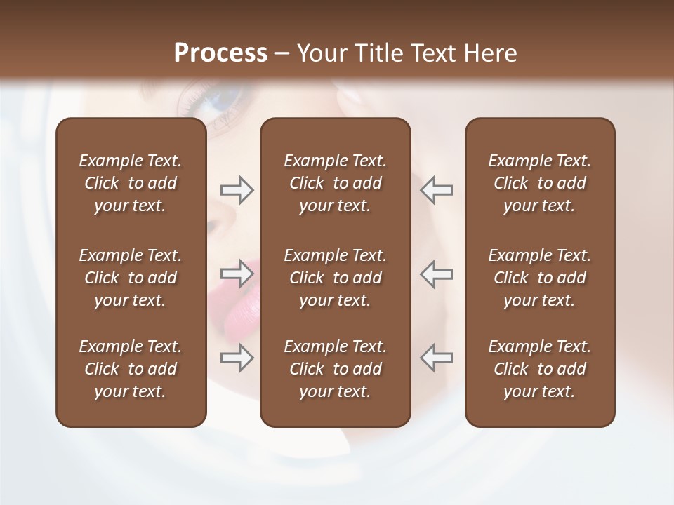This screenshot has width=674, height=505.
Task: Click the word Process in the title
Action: (220, 53)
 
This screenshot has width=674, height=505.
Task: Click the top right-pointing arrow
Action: (237, 190)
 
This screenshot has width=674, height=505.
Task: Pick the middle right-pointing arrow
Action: (237, 274)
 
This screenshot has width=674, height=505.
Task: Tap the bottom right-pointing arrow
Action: (237, 358)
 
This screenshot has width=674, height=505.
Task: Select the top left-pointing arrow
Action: (436, 190)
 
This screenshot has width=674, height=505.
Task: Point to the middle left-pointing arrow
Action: (436, 274)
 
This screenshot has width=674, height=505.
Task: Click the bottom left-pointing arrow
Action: (436, 358)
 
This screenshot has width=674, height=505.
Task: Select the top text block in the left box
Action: (131, 183)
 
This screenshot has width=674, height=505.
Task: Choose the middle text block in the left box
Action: (131, 278)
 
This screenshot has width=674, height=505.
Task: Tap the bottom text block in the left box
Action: (131, 369)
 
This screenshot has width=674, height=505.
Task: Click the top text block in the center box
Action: (335, 183)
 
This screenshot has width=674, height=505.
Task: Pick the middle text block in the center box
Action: (335, 278)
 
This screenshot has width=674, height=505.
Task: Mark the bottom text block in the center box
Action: (335, 369)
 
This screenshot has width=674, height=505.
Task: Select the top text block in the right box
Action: (539, 183)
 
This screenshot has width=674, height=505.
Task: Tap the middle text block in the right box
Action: (539, 278)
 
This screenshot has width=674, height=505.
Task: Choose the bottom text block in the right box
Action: (539, 369)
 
